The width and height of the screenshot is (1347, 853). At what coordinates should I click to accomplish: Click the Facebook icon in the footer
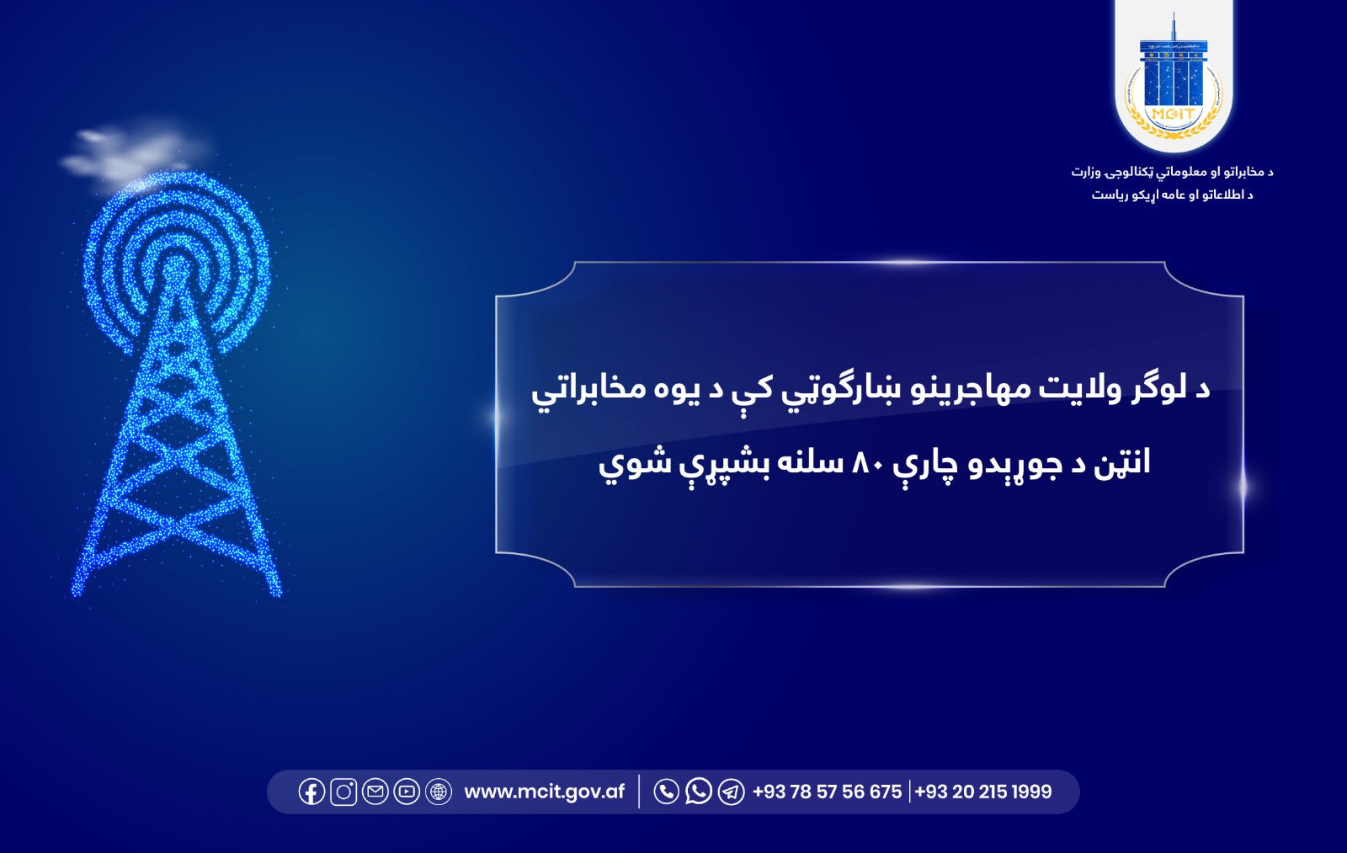click(311, 792)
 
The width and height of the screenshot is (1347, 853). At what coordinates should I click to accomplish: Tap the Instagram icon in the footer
click(343, 792)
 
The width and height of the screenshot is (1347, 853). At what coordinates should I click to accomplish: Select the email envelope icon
click(375, 792)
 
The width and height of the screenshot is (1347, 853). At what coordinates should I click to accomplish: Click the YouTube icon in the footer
click(407, 792)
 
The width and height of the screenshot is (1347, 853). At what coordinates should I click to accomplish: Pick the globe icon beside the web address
click(439, 792)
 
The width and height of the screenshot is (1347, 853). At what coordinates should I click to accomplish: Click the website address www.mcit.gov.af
click(545, 792)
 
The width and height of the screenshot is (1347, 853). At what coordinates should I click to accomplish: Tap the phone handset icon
click(666, 792)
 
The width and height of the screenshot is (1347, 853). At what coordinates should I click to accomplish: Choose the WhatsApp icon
click(698, 792)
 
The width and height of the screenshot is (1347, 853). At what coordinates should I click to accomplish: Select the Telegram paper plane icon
click(731, 792)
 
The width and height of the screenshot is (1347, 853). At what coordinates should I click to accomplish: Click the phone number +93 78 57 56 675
click(827, 792)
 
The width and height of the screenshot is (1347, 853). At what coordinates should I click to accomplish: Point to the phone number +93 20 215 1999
click(983, 792)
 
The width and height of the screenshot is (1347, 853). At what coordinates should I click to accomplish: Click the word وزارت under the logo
click(1086, 172)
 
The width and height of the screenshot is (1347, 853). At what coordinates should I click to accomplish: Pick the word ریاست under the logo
click(1110, 195)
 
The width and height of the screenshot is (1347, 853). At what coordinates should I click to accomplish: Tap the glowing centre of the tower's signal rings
click(174, 268)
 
